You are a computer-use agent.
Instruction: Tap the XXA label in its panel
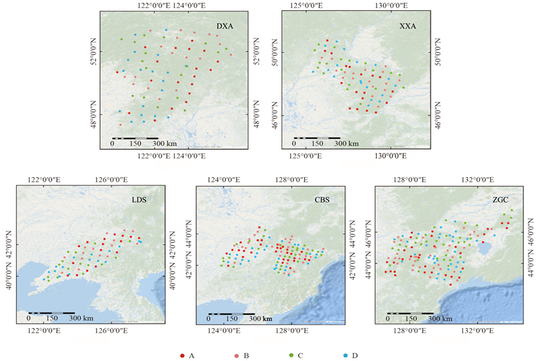[407, 26]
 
